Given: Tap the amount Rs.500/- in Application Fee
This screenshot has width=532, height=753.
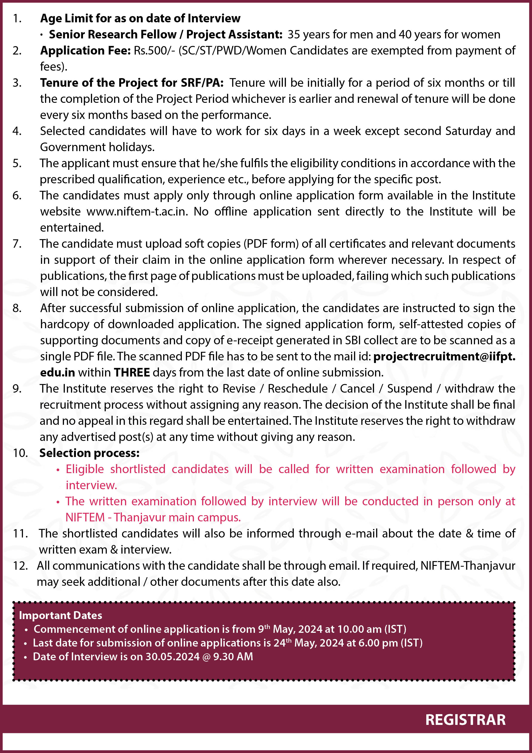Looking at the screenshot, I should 154,50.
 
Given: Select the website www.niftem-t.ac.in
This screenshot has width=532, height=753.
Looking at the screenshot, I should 137,211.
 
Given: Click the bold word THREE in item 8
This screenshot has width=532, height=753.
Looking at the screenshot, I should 132,373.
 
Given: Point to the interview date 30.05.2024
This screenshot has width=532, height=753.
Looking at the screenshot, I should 172,657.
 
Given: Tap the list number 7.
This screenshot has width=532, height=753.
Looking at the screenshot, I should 17,244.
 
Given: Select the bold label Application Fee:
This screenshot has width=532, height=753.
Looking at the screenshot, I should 85,50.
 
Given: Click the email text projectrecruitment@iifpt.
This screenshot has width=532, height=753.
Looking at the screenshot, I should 444,357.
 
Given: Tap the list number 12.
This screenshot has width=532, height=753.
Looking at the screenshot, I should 20,566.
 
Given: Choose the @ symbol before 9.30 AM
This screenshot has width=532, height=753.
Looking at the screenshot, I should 206,657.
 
